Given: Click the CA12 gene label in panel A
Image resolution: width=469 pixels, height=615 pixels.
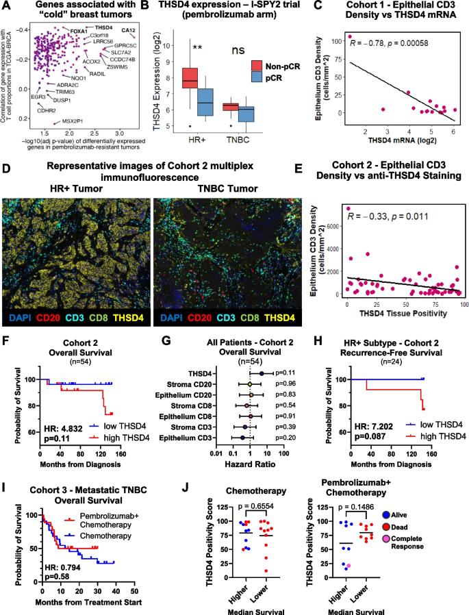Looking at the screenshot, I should tap(128, 30).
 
